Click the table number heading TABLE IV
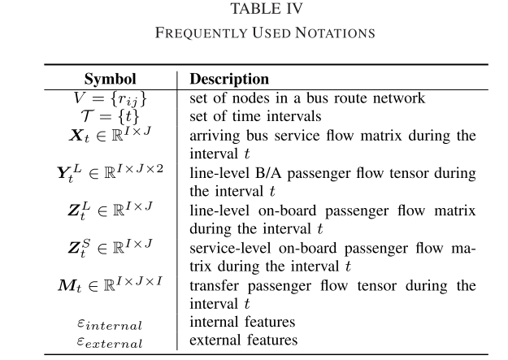[x=254, y=9]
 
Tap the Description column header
[x=229, y=80]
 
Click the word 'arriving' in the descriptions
[x=213, y=135]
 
